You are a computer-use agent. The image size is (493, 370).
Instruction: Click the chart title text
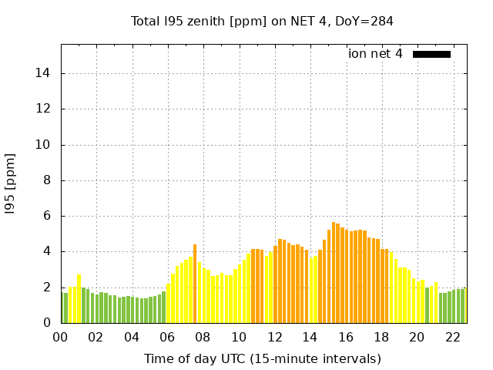(263, 21)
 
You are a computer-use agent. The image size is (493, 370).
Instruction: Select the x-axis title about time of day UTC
(263, 358)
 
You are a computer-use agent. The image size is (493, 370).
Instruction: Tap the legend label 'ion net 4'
(375, 54)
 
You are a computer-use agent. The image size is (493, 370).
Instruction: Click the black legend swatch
(431, 54)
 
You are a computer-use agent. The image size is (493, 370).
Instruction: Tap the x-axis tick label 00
(61, 337)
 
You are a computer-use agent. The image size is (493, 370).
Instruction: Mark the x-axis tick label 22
(453, 337)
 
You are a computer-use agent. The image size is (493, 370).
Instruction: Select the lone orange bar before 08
(195, 284)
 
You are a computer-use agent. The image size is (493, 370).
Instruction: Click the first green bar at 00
(62, 308)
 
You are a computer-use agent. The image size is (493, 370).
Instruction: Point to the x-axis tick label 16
(346, 337)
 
